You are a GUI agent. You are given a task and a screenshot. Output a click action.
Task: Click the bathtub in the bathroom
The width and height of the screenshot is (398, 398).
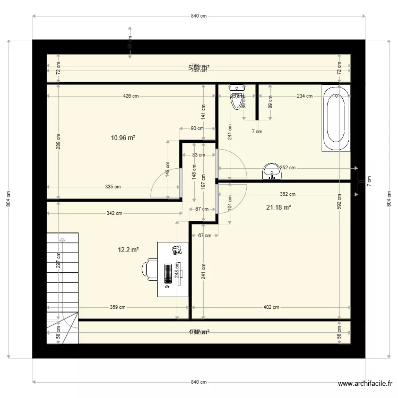(336, 118)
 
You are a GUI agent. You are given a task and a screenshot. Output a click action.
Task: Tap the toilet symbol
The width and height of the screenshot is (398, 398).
(236, 98)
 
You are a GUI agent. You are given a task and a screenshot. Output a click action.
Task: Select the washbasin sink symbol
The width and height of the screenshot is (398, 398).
(272, 170)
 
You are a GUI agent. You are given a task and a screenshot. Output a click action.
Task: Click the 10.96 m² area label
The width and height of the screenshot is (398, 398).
(123, 137)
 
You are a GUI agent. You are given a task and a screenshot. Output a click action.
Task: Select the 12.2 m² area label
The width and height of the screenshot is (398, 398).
(128, 249)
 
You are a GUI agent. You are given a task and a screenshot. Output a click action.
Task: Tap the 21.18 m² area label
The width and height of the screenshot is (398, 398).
(278, 207)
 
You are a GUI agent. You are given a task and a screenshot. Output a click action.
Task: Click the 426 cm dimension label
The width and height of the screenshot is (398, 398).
(131, 96)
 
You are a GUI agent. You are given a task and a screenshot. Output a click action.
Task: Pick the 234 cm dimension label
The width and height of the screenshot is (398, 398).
(304, 96)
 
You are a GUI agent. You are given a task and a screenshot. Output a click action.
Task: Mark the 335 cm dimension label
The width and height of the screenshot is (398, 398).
(113, 187)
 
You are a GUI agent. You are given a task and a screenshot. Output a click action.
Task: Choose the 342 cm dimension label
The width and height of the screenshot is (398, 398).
(114, 214)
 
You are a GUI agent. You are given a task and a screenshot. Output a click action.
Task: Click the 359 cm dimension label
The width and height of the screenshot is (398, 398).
(117, 307)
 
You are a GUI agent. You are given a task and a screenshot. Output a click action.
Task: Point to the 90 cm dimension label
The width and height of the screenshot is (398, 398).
(196, 128)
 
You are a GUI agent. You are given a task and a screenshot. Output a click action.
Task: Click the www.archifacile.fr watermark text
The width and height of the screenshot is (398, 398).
(366, 384)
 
